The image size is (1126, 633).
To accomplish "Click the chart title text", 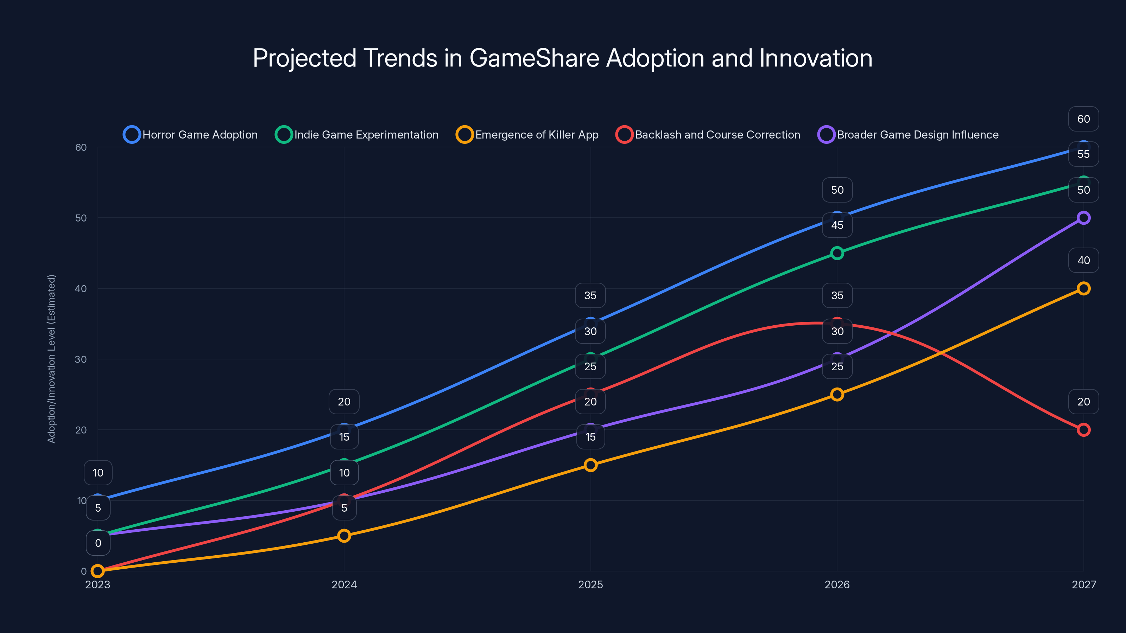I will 563,58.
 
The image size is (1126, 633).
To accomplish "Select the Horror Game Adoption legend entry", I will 191,135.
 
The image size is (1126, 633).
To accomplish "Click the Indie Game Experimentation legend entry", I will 357,135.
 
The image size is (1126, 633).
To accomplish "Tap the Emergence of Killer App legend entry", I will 527,135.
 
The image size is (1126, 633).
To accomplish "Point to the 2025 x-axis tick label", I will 590,584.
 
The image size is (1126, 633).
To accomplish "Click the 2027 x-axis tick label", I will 1084,584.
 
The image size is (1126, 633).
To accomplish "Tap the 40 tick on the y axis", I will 81,288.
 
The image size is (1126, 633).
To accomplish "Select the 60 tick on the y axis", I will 81,147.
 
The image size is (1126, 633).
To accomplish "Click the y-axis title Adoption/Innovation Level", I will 52,359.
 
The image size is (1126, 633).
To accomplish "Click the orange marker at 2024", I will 344,536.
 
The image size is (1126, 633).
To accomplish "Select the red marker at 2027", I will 1084,430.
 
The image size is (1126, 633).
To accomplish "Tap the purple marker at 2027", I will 1084,218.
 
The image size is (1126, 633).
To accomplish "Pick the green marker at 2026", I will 837,253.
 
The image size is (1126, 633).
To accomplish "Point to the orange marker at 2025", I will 590,465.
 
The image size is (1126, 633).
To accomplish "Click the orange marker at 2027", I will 1084,288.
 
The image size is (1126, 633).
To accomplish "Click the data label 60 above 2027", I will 1084,119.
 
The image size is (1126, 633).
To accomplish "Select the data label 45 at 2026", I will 837,225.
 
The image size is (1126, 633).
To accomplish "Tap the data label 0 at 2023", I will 98,543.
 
